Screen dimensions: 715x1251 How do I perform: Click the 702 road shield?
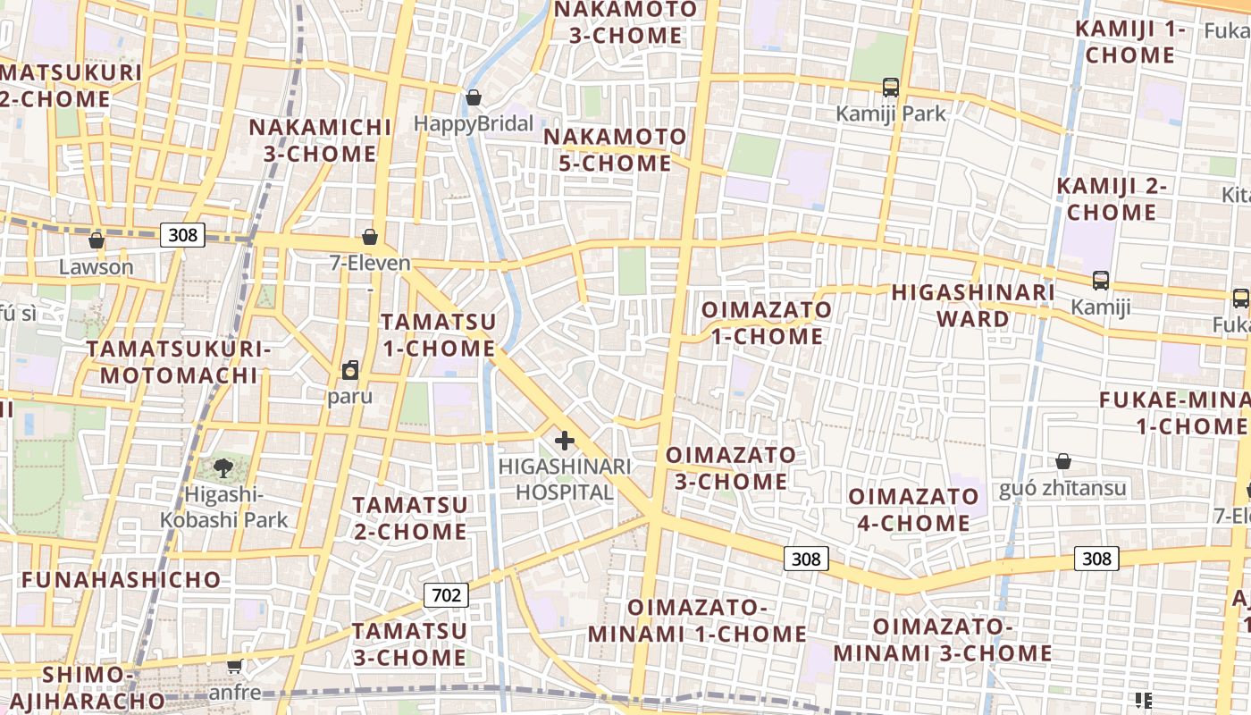pyautogui.click(x=446, y=595)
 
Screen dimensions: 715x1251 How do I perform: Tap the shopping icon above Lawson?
pyautogui.click(x=96, y=240)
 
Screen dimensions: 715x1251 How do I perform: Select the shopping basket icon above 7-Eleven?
pyautogui.click(x=370, y=237)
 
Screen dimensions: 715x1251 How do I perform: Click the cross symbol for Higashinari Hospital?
pyautogui.click(x=565, y=440)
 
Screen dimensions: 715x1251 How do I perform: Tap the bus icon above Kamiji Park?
pyautogui.click(x=891, y=88)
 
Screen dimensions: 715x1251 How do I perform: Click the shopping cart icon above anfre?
pyautogui.click(x=235, y=666)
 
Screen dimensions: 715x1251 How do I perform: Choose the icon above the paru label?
pyautogui.click(x=350, y=370)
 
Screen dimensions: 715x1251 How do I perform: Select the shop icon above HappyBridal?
pyautogui.click(x=474, y=97)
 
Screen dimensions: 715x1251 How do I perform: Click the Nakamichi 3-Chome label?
pyautogui.click(x=320, y=140)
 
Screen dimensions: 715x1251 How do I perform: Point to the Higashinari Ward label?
pyautogui.click(x=973, y=306)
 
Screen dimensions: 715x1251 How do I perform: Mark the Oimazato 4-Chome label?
pyautogui.click(x=913, y=509)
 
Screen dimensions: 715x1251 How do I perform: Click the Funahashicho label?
pyautogui.click(x=121, y=579)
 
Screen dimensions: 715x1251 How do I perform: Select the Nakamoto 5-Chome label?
pyautogui.click(x=615, y=150)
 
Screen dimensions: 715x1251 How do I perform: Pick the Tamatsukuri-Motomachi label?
pyautogui.click(x=178, y=362)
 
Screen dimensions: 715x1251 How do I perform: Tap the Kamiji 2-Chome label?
pyautogui.click(x=1112, y=199)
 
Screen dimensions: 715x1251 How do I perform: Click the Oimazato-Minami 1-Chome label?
pyautogui.click(x=697, y=621)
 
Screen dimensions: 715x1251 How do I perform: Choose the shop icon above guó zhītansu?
pyautogui.click(x=1063, y=461)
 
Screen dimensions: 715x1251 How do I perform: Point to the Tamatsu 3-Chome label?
pyautogui.click(x=409, y=644)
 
